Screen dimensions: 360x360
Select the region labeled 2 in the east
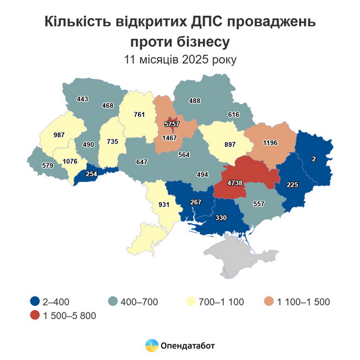313,159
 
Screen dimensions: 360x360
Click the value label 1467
169,137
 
